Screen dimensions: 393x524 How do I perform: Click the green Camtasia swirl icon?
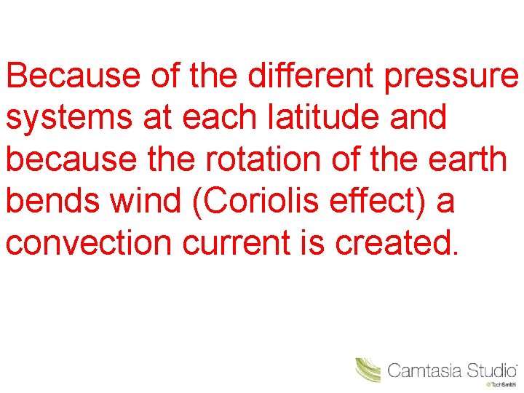coord(368,370)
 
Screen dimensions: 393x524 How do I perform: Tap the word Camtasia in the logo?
coord(424,370)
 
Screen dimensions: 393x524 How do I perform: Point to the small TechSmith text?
coord(507,384)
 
